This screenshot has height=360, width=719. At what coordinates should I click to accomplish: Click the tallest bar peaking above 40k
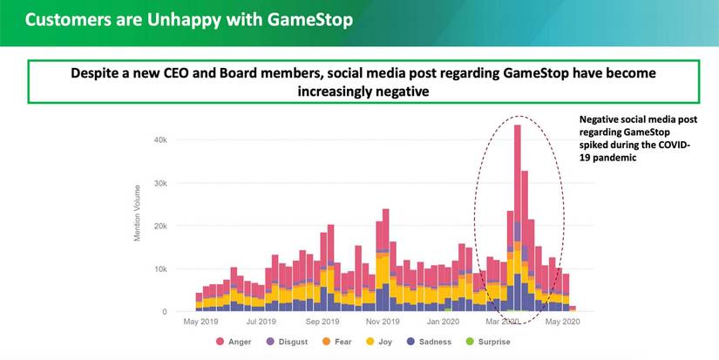(x=517, y=218)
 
